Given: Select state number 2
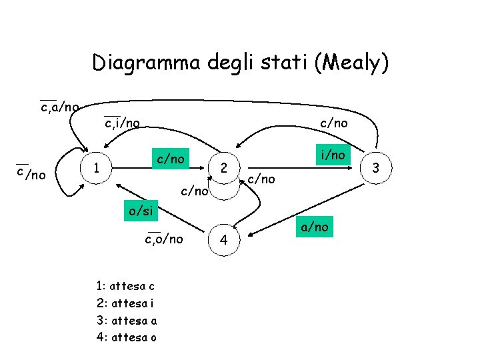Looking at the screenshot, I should [225, 169].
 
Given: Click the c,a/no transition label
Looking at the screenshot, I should [59, 107].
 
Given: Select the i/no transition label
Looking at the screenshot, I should [333, 155].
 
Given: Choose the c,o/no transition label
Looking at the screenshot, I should [164, 239].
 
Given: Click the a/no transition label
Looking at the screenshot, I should [313, 227].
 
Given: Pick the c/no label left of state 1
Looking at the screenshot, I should [31, 175].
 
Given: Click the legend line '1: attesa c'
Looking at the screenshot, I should [125, 287].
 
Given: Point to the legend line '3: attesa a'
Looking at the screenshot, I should [126, 320].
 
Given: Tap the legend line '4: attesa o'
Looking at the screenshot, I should [126, 337].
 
